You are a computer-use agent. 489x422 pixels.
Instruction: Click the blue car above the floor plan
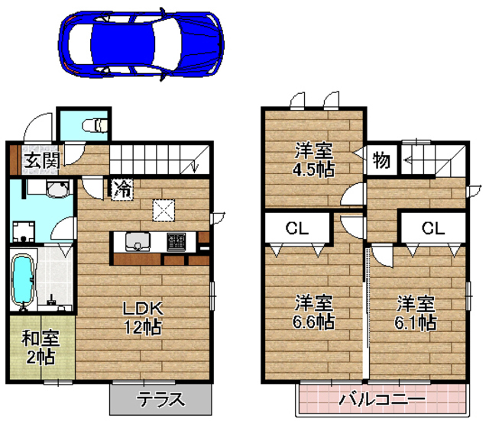(x=141, y=44)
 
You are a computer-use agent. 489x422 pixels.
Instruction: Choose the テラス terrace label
(x=160, y=399)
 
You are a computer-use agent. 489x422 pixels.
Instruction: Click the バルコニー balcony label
(x=381, y=399)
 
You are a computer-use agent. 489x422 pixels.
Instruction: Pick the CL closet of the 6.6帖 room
(x=297, y=227)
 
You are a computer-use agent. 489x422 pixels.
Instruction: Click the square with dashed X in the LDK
(x=163, y=208)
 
